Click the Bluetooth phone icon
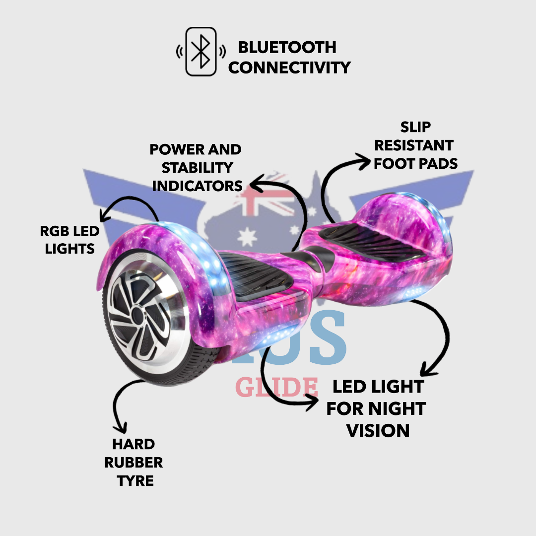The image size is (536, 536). [x=201, y=52]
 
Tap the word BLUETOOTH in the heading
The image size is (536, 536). [x=287, y=48]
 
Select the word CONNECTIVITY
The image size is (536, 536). [x=289, y=67]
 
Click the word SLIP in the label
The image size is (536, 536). [x=415, y=127]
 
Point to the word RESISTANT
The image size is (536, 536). [x=414, y=145]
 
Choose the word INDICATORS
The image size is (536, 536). [x=197, y=186]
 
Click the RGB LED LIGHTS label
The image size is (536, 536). [x=69, y=240]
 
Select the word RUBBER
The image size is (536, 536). [x=134, y=463]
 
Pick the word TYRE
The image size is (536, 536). [x=135, y=481]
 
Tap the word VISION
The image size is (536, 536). [x=378, y=430]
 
